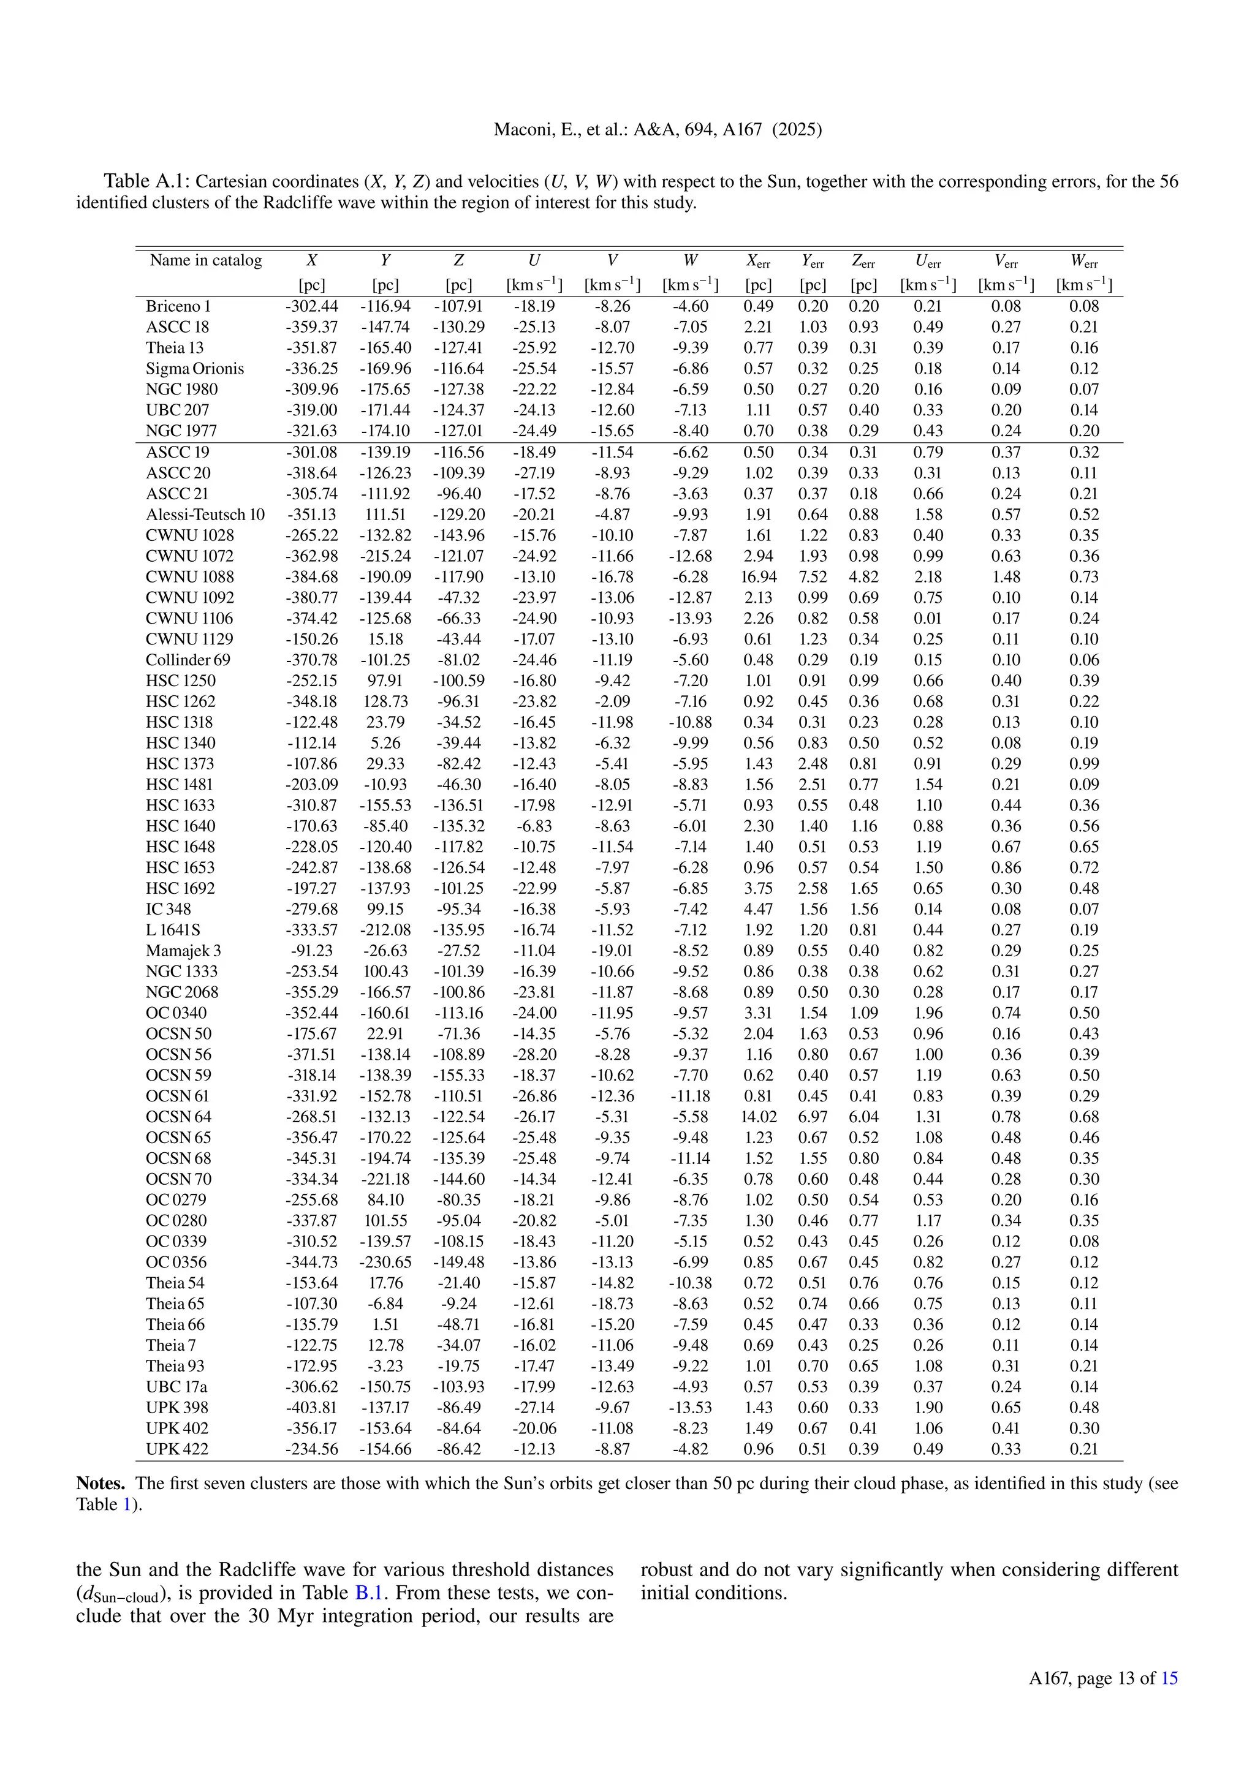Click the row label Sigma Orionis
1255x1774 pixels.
pyautogui.click(x=195, y=369)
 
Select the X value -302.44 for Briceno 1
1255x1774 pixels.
pyautogui.click(x=311, y=306)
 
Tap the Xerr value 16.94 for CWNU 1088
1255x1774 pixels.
pyautogui.click(x=758, y=576)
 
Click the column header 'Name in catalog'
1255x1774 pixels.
pyautogui.click(x=205, y=260)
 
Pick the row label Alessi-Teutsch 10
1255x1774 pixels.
pyautogui.click(x=205, y=515)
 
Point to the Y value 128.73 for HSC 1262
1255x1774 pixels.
pyautogui.click(x=385, y=701)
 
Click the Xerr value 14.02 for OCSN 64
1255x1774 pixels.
pyautogui.click(x=758, y=1117)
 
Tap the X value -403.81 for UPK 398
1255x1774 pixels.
pyautogui.click(x=311, y=1407)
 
